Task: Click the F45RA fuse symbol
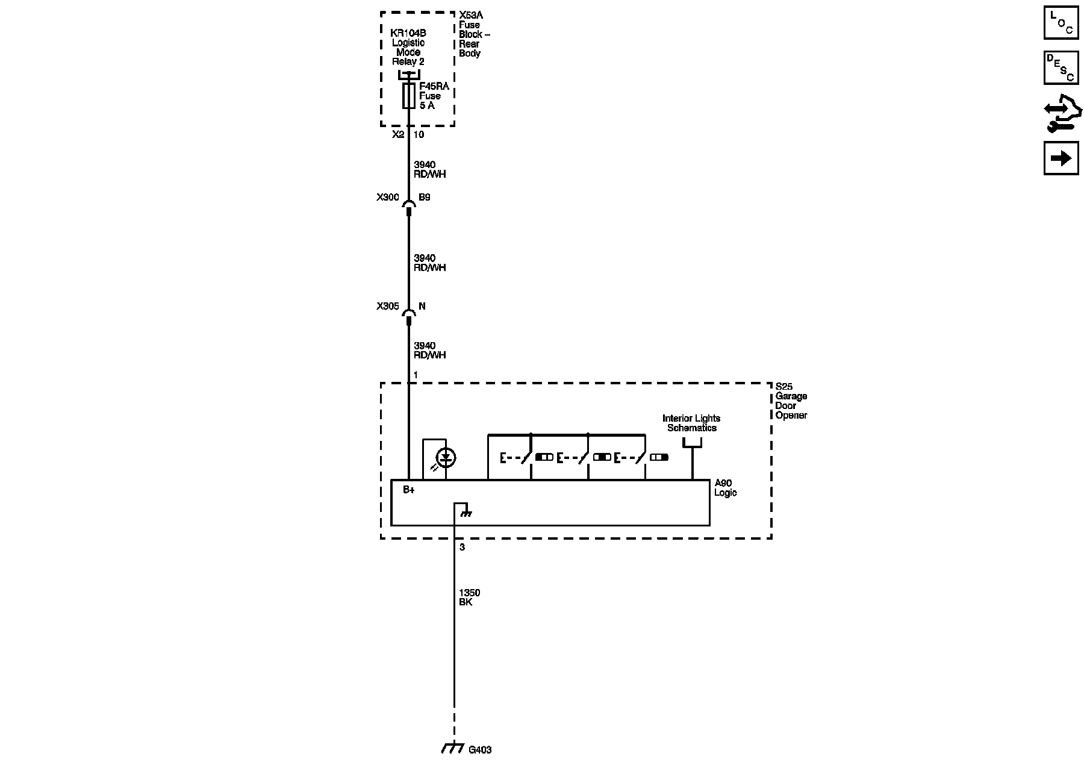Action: pos(408,96)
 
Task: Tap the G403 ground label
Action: pos(480,750)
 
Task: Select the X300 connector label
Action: pos(387,197)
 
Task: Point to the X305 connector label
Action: pos(387,306)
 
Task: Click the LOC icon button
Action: pos(1061,22)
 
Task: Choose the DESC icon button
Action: pos(1061,67)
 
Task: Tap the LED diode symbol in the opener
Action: pos(446,458)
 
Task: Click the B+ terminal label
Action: pos(409,490)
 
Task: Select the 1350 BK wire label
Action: pos(469,598)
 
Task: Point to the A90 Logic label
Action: pos(724,488)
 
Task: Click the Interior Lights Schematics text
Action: pos(691,423)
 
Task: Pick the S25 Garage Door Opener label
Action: pos(791,401)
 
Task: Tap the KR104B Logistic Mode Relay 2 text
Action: pos(408,48)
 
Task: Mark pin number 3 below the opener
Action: pos(462,548)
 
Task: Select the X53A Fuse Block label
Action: pos(473,34)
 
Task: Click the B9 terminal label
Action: pos(425,197)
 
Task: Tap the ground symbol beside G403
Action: pos(452,748)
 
